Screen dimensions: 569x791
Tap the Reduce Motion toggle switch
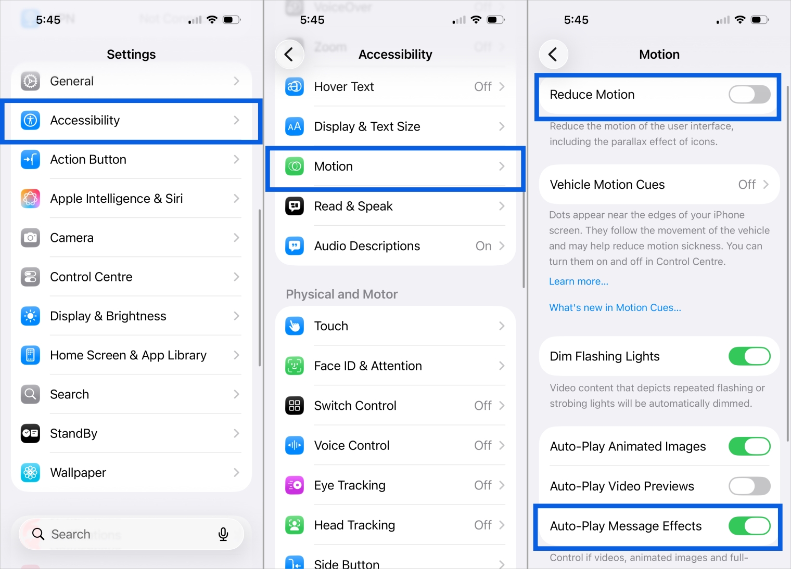click(x=749, y=95)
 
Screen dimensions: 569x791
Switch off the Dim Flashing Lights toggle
click(x=749, y=356)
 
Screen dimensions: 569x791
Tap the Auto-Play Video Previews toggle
click(x=749, y=486)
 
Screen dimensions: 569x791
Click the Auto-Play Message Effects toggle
click(x=749, y=526)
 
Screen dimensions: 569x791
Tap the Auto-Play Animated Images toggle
click(x=749, y=446)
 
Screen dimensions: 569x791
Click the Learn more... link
click(x=578, y=281)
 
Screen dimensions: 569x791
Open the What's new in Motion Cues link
click(x=615, y=307)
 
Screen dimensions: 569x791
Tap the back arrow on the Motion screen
click(x=553, y=54)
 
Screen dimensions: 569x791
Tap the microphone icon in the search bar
click(x=223, y=534)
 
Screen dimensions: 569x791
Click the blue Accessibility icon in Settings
click(x=30, y=120)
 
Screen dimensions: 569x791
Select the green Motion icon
click(x=295, y=166)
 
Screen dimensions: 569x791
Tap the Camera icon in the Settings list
click(x=30, y=238)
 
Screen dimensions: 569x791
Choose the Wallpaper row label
click(x=78, y=473)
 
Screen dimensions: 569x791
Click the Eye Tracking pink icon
click(x=295, y=485)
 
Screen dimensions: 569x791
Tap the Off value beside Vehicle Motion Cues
click(x=747, y=185)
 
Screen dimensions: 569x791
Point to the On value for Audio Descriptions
click(x=483, y=246)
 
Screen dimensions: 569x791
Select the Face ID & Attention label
click(x=368, y=366)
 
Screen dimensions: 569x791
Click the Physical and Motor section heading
click(x=341, y=294)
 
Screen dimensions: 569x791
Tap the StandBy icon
click(x=30, y=433)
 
